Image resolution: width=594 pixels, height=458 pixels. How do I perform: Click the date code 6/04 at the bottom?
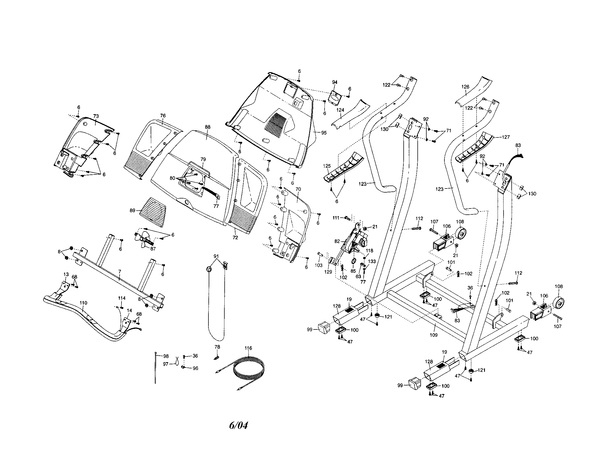[238, 425]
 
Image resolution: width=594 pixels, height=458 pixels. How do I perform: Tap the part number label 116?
[248, 348]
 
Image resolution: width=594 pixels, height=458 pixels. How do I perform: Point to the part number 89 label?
[133, 211]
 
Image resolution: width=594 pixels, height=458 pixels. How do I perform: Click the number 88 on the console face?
[208, 127]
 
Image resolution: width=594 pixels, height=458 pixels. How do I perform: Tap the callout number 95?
[324, 133]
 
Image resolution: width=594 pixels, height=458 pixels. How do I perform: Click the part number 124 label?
[340, 110]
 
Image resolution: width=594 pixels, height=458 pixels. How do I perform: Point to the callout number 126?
[465, 87]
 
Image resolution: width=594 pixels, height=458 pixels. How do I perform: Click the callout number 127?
[506, 137]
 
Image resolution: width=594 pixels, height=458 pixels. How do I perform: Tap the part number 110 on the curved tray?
[83, 303]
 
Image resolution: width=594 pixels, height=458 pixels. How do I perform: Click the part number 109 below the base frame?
[433, 335]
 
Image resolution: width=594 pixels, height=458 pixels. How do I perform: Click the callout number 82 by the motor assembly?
[337, 241]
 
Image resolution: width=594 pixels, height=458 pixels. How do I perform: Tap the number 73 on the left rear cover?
[96, 116]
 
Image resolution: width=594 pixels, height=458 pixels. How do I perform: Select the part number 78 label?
[217, 347]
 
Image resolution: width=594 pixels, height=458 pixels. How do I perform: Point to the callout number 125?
[327, 166]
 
